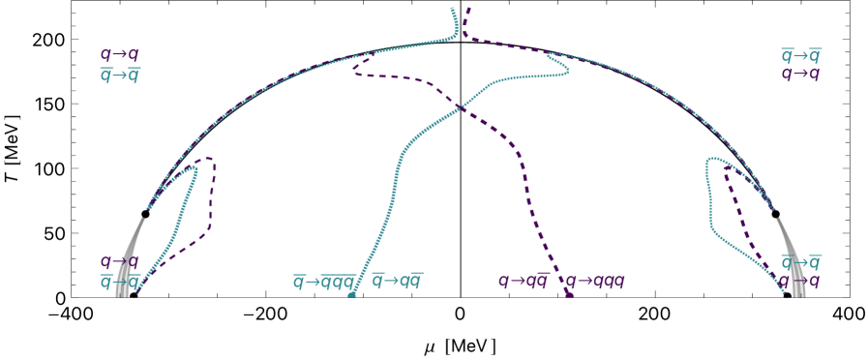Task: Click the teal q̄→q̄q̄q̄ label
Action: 324,282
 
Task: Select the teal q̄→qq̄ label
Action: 398,282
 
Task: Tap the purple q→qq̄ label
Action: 523,282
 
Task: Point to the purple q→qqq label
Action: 594,282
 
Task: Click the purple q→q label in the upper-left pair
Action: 120,55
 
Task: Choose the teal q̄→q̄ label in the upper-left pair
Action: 120,75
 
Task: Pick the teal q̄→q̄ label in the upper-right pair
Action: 801,55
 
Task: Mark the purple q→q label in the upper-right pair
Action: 801,74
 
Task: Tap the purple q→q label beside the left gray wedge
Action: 120,261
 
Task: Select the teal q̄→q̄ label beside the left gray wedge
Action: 120,282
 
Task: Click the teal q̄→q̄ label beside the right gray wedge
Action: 801,262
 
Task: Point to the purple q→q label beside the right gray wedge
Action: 801,282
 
